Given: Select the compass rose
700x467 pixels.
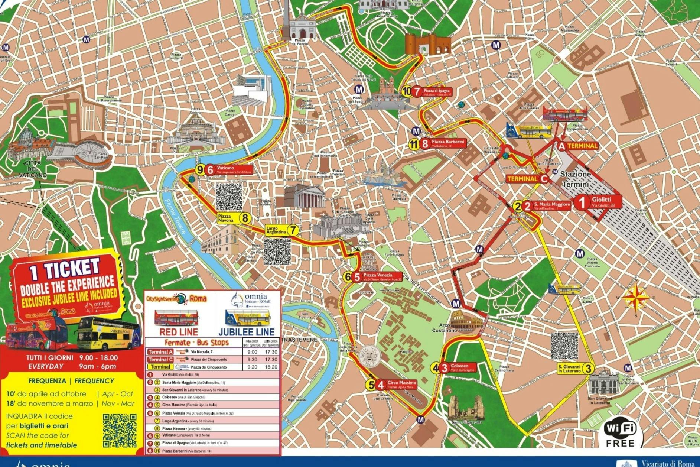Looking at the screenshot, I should pyautogui.click(x=636, y=297).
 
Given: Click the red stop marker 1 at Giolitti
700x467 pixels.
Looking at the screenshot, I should pyautogui.click(x=582, y=202).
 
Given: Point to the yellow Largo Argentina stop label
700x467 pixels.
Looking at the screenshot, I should pyautogui.click(x=277, y=230).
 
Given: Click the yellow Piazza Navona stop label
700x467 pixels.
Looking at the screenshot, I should pyautogui.click(x=227, y=218).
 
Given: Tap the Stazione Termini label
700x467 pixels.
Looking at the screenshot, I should pyautogui.click(x=575, y=179).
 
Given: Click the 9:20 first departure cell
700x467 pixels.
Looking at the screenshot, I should pyautogui.click(x=252, y=367).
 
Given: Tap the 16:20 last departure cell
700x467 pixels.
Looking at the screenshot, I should pyautogui.click(x=271, y=367).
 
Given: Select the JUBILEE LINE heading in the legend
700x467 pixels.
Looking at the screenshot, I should pyautogui.click(x=247, y=332).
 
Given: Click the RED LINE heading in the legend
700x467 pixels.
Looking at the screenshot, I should pyautogui.click(x=179, y=332).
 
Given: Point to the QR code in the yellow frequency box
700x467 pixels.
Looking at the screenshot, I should pyautogui.click(x=119, y=431).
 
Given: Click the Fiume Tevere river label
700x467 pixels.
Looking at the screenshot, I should pyautogui.click(x=175, y=216).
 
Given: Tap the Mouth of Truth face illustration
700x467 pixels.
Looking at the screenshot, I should pyautogui.click(x=369, y=357).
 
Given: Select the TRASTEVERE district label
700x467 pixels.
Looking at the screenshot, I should pyautogui.click(x=299, y=340).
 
